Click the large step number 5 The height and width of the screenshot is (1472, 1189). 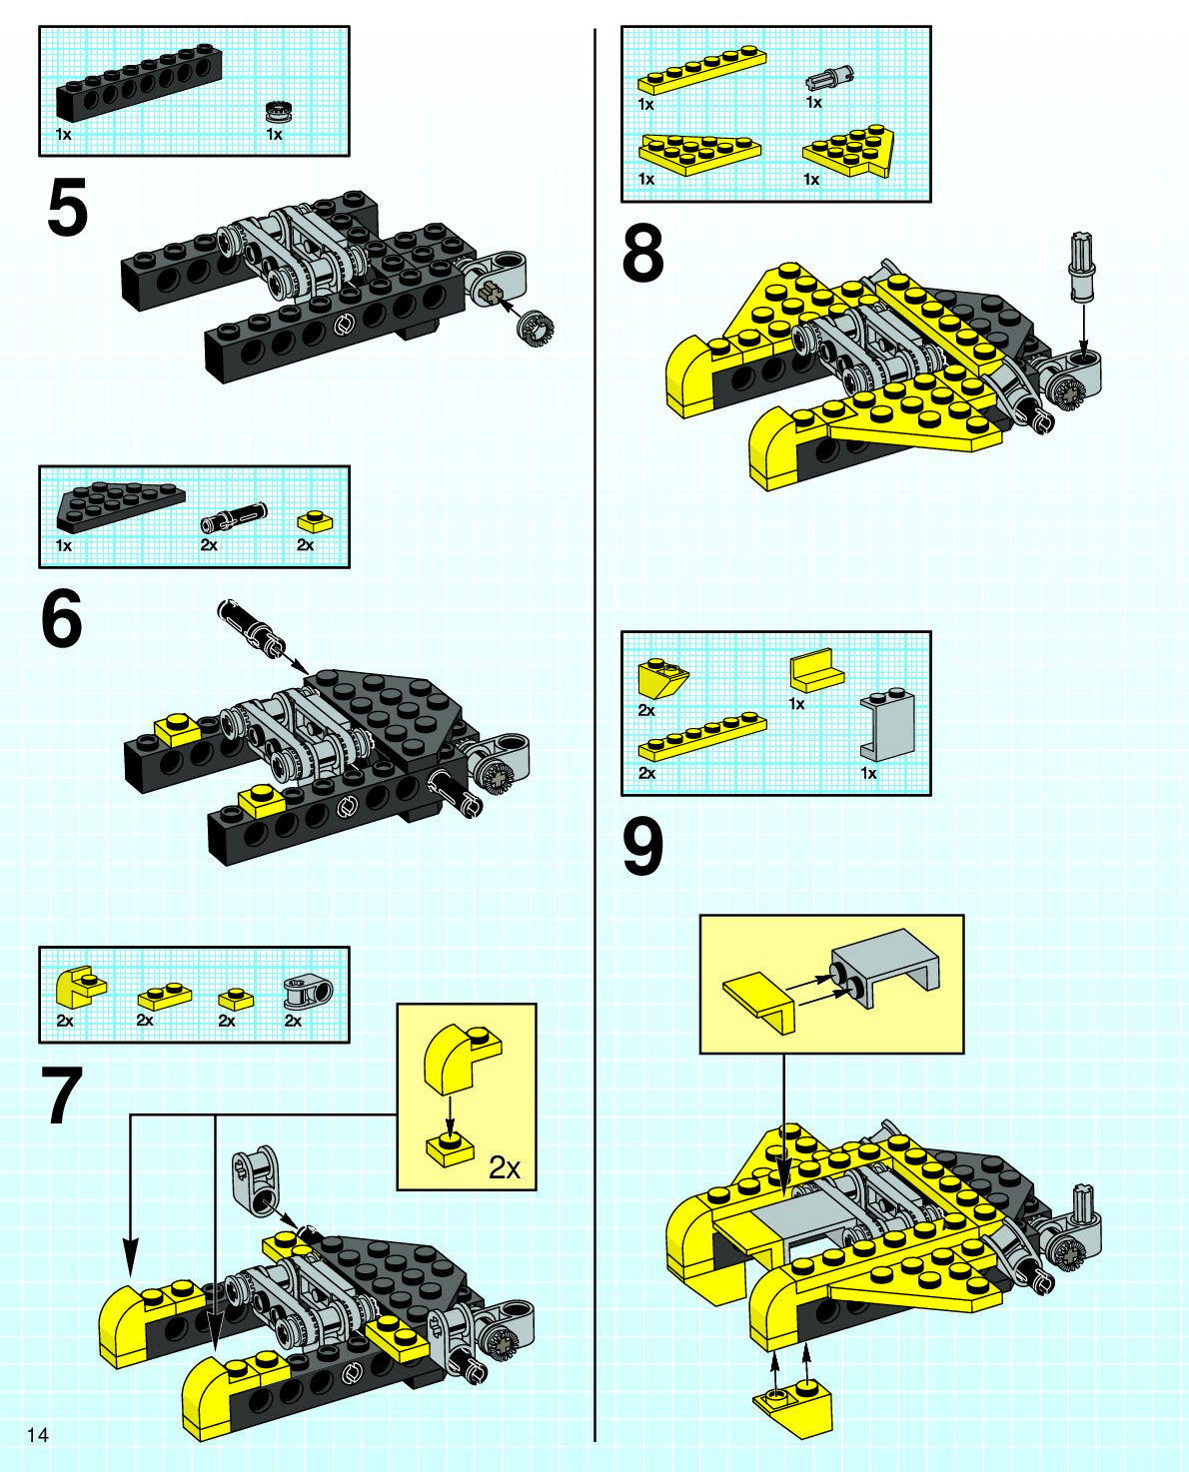pos(67,208)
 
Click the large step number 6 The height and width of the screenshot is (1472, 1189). pos(62,620)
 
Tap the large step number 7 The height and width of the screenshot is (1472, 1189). pos(62,1097)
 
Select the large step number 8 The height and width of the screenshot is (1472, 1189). pos(642,254)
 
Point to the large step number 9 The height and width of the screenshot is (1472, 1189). pos(642,848)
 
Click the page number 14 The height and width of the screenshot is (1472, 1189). pos(38,1435)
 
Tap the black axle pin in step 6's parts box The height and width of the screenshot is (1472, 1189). pos(233,517)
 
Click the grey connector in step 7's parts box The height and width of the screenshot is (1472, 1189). pos(297,993)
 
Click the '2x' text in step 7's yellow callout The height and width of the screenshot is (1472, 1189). pos(505,1166)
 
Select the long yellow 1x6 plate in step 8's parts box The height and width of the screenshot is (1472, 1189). pos(701,71)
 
